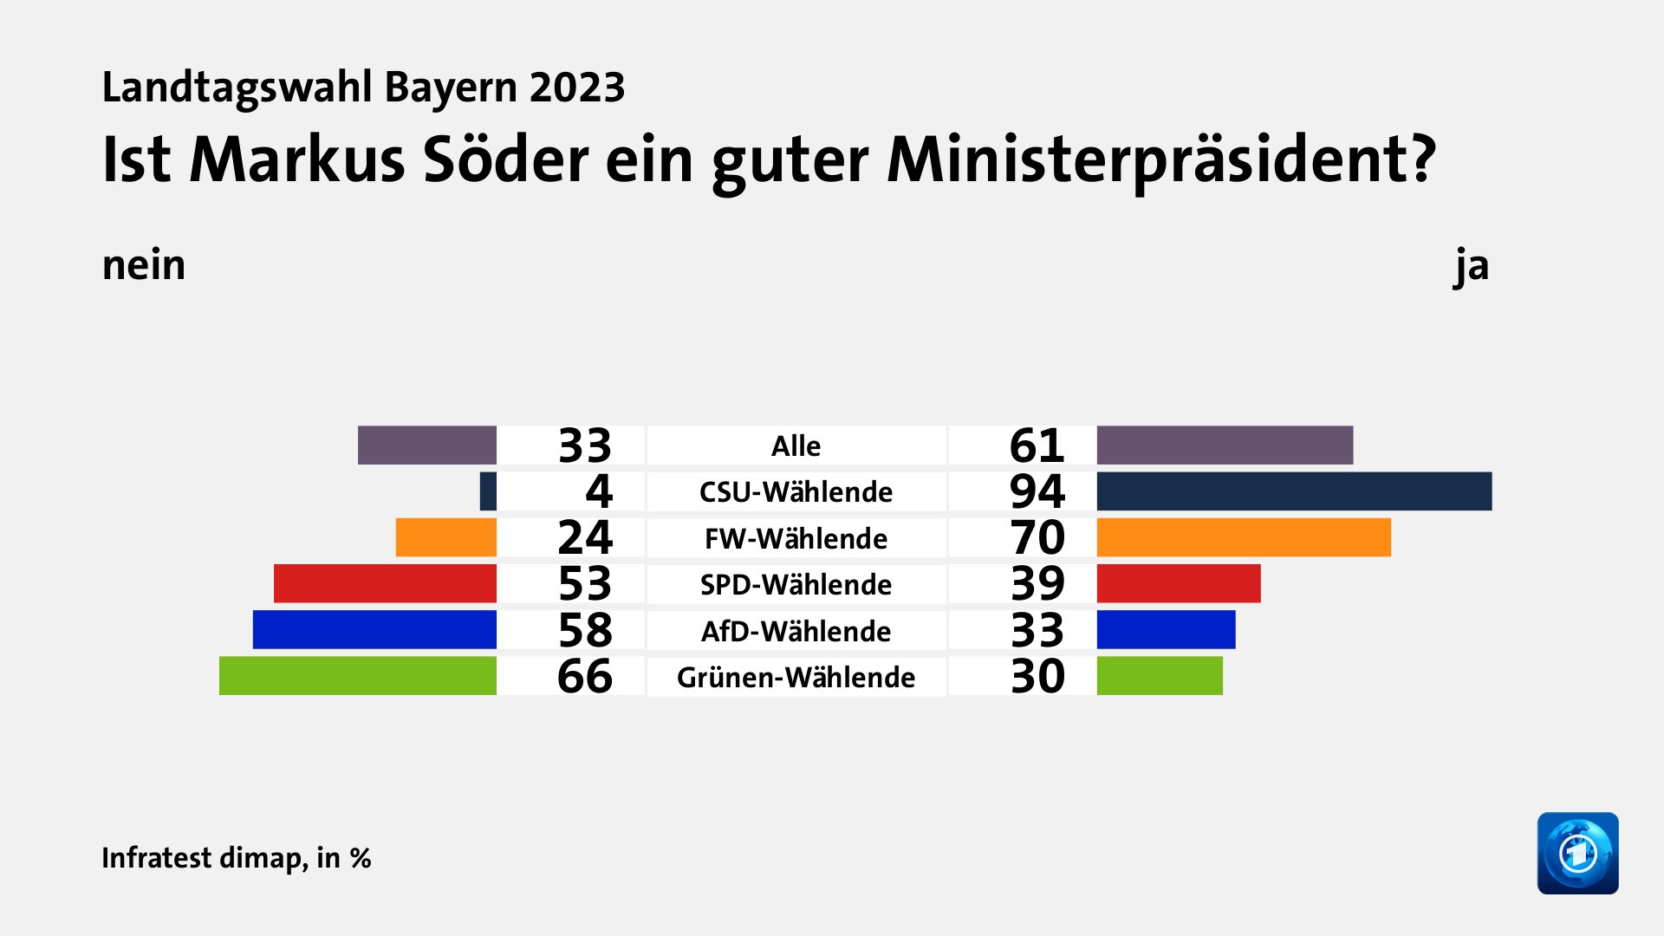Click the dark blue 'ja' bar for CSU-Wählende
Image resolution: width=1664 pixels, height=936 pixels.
[1294, 491]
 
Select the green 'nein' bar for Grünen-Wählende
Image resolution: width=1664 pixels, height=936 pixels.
[357, 676]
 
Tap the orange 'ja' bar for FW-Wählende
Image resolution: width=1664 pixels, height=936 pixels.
[1244, 537]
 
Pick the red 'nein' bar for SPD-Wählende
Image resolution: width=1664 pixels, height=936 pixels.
[385, 583]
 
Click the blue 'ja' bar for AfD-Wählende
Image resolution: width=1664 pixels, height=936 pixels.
[1166, 630]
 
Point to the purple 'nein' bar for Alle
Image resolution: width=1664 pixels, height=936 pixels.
[426, 445]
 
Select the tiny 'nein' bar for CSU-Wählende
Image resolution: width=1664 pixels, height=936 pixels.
[488, 491]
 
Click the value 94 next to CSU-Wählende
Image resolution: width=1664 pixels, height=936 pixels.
[1037, 491]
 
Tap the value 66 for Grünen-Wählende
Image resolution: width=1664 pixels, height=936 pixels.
[584, 676]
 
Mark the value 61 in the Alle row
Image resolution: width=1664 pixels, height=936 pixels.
[1037, 445]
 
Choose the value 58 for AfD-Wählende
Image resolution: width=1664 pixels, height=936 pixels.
[584, 630]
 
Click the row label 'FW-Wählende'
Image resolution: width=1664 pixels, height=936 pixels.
[796, 538]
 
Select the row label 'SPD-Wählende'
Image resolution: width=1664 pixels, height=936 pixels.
[796, 584]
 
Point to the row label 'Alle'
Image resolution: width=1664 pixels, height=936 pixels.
[796, 445]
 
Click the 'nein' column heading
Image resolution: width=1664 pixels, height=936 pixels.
[144, 265]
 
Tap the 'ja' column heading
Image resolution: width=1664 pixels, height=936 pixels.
[1471, 265]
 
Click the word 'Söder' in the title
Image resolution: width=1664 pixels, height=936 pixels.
[504, 159]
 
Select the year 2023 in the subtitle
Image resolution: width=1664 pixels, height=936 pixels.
[577, 88]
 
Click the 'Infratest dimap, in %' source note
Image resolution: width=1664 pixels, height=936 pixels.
[236, 857]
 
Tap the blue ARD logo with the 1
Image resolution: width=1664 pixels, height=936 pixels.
[1577, 853]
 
